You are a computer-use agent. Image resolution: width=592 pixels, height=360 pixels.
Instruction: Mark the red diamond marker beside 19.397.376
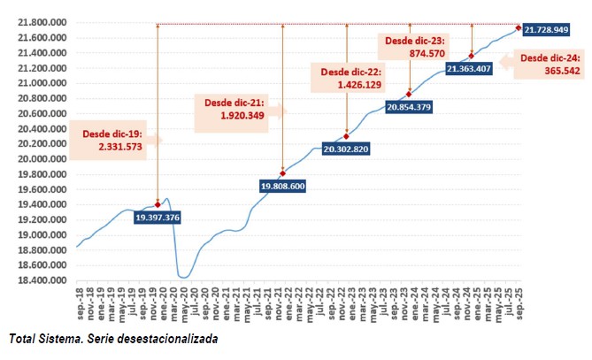pos(158,204)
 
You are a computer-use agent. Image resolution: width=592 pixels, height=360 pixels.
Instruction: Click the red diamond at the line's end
pos(519,27)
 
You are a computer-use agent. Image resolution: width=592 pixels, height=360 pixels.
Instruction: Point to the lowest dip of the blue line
pos(184,278)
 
